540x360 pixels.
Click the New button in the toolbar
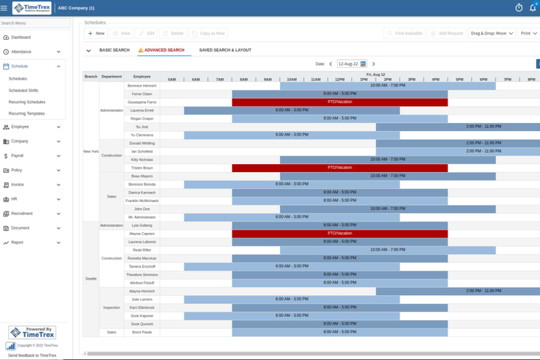point(96,33)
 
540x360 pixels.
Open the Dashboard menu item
point(21,37)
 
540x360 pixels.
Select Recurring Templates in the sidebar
point(26,113)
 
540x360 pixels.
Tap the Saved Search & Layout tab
point(225,50)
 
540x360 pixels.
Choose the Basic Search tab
point(114,50)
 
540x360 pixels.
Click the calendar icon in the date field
point(363,64)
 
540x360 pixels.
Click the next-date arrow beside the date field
point(374,64)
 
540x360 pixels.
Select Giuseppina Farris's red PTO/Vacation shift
point(340,102)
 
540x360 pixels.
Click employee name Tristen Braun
point(142,168)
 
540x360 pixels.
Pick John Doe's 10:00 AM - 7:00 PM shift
point(387,209)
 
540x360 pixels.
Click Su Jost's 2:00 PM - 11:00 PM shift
point(473,126)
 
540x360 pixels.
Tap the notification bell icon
point(533,8)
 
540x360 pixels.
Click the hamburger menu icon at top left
point(5,8)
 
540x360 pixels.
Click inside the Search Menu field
point(35,23)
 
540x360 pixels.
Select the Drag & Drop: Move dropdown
point(492,33)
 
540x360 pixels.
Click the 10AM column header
point(292,80)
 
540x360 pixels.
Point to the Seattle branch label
point(90,278)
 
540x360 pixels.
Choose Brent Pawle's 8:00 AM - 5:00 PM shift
point(340,332)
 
